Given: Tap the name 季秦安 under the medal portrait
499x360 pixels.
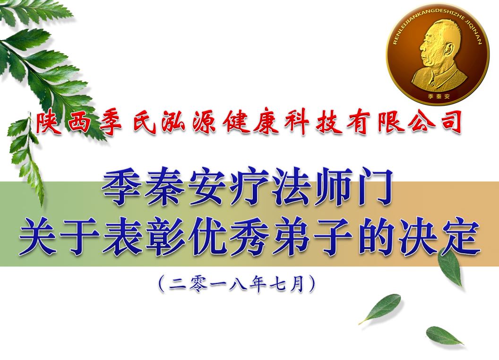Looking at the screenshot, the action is [439, 96].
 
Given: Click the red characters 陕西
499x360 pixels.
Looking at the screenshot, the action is [63, 123].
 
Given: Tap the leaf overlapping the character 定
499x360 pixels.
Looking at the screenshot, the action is [450, 266].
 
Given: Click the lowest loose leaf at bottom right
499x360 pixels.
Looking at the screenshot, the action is [444, 336].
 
